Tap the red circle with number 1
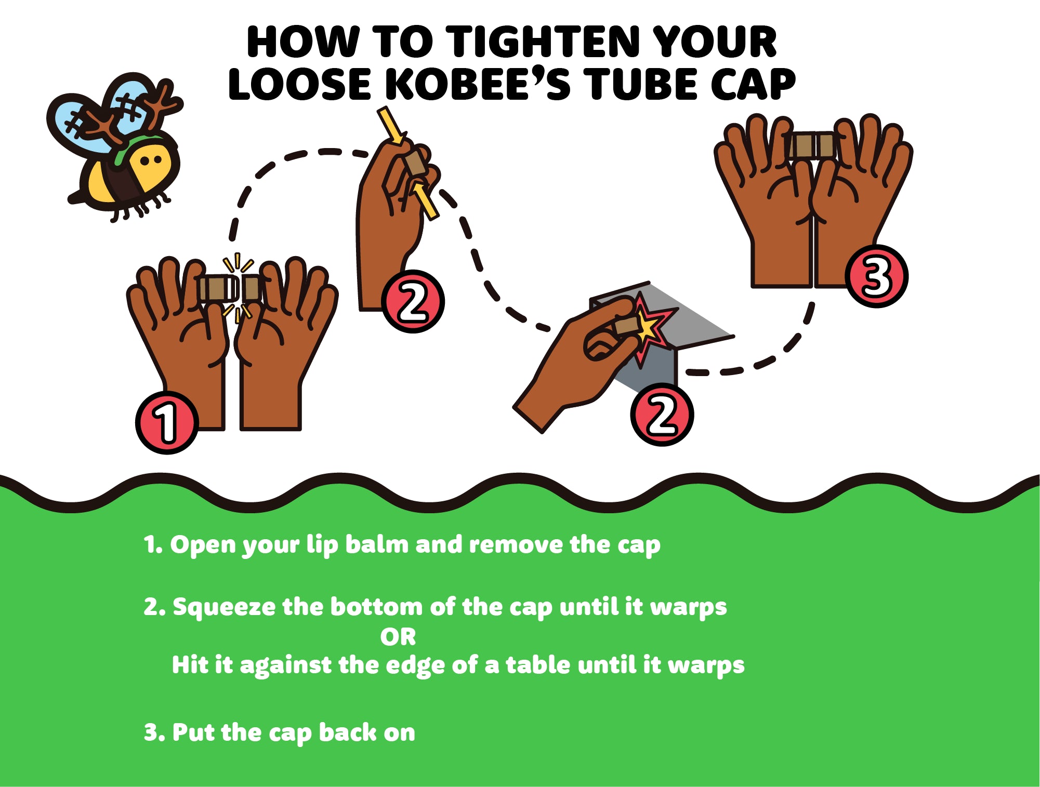click(x=167, y=422)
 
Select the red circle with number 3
click(x=876, y=276)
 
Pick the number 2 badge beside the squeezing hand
click(x=413, y=301)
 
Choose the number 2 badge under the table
click(x=662, y=415)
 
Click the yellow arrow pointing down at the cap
click(x=391, y=125)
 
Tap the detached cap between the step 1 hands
click(x=252, y=288)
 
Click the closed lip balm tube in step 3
click(x=812, y=145)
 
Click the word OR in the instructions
click(x=398, y=637)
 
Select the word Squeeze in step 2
click(x=224, y=607)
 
